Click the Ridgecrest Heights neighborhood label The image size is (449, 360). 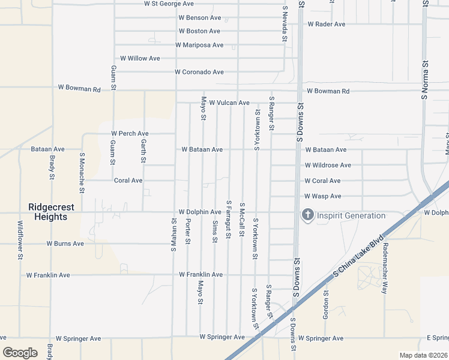tap(51, 212)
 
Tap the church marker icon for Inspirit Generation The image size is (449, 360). tap(308, 215)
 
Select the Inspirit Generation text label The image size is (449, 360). tap(351, 215)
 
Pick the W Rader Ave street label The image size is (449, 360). tap(327, 24)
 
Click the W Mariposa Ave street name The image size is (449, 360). tap(199, 45)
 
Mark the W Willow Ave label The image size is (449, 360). tap(140, 58)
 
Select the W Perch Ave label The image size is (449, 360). tap(130, 133)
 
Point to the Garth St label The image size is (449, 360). tap(143, 151)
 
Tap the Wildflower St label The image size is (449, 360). tap(20, 240)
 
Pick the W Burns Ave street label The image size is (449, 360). tap(65, 244)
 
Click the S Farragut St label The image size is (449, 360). tap(229, 219)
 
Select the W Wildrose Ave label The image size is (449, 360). tap(328, 165)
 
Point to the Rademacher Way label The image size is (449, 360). tap(385, 269)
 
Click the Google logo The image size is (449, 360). tap(20, 353)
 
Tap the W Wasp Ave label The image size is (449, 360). tap(322, 196)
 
